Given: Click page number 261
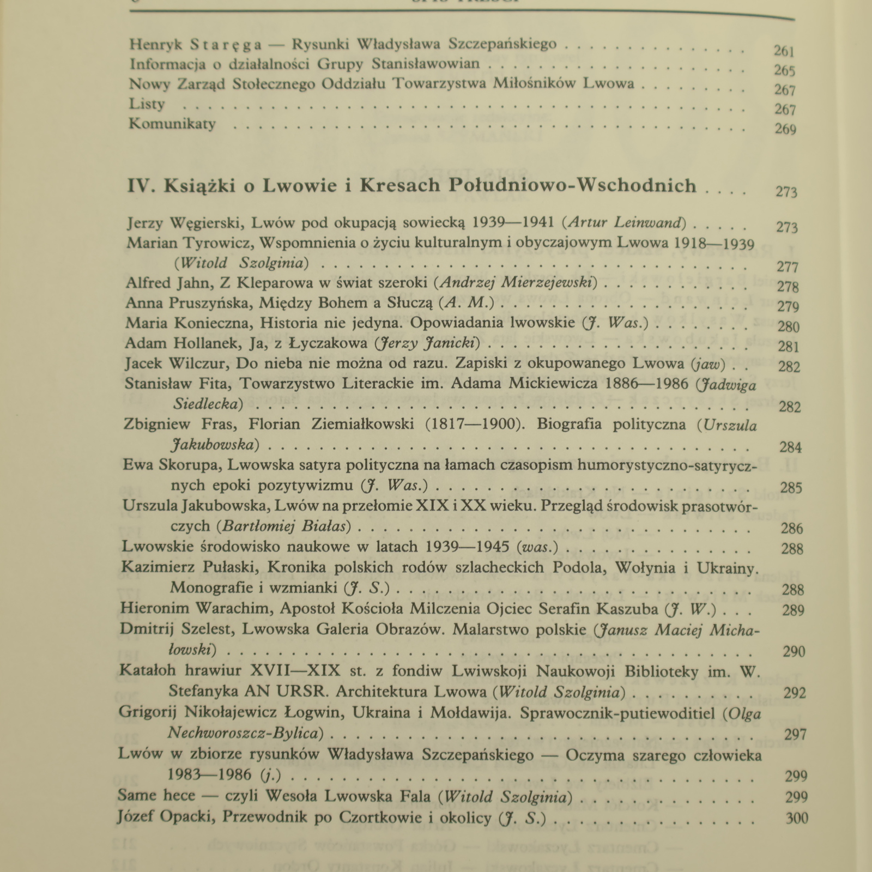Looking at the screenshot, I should [784, 51].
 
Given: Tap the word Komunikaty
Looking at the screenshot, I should [172, 124].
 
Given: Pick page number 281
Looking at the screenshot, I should [789, 347].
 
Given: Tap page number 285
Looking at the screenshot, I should [791, 487].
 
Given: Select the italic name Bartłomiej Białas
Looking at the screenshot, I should [283, 526].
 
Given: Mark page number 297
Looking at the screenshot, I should [795, 734].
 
